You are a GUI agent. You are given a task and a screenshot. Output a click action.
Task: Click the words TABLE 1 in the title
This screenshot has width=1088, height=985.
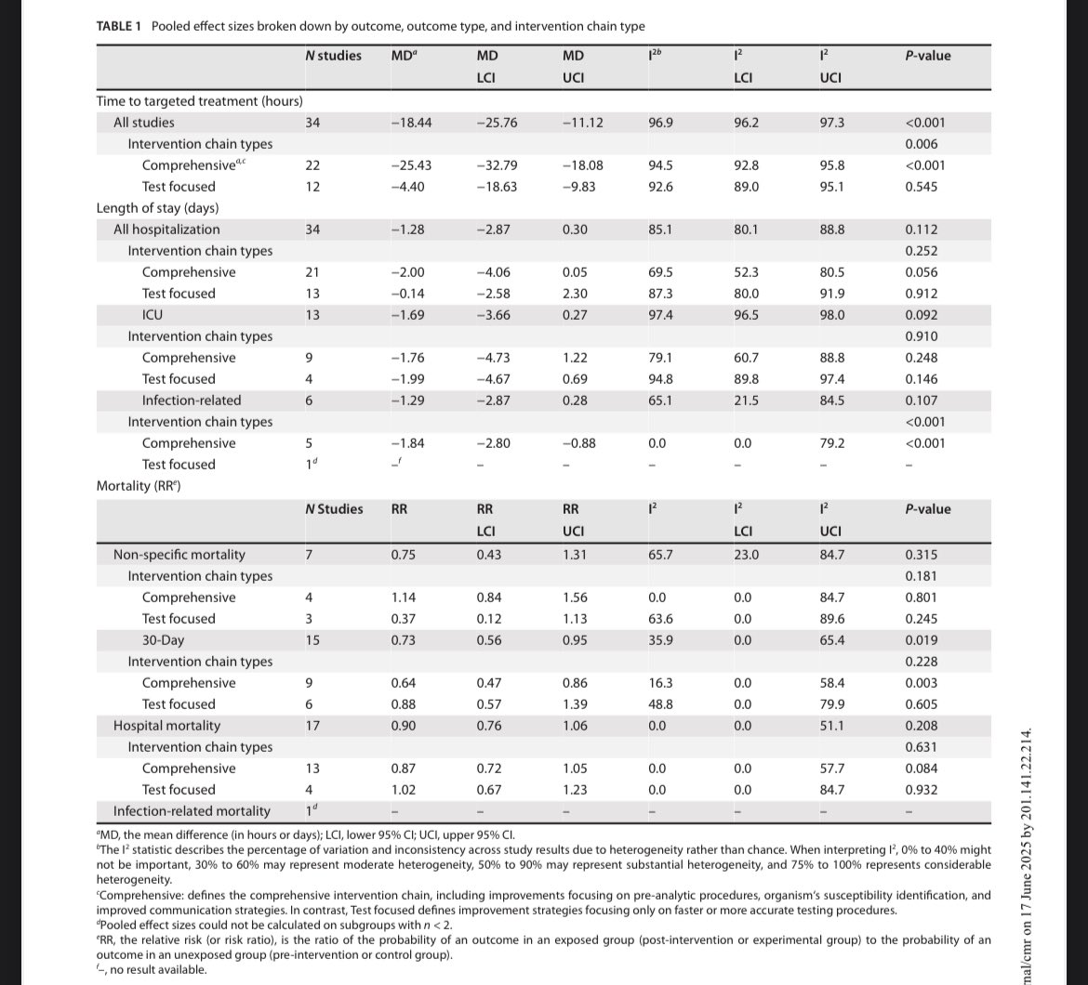point(118,26)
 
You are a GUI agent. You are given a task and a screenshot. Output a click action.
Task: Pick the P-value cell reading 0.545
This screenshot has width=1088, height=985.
point(922,187)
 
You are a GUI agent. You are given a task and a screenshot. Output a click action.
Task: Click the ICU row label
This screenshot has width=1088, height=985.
point(152,315)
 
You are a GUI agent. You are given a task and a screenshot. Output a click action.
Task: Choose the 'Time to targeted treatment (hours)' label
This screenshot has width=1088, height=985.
point(200,101)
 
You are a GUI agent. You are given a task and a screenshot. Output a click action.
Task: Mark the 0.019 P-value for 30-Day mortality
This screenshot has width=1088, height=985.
point(922,640)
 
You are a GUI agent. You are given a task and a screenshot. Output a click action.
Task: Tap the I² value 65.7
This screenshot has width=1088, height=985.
point(660,555)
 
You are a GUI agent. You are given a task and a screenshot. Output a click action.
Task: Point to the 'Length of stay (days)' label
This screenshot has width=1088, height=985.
point(157,208)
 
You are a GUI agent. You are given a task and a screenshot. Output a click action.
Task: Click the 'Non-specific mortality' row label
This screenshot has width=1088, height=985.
point(179,555)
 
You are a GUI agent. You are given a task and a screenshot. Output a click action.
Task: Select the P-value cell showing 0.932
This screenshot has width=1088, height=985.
point(922,790)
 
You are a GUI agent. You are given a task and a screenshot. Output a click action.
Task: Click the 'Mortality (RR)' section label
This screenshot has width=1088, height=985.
point(138,486)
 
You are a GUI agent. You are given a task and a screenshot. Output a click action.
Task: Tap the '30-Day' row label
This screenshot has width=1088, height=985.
point(163,640)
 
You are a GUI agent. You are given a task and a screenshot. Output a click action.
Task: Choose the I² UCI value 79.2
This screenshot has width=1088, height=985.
point(831,443)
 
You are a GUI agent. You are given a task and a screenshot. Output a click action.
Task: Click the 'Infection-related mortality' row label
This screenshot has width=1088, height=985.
point(192,811)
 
